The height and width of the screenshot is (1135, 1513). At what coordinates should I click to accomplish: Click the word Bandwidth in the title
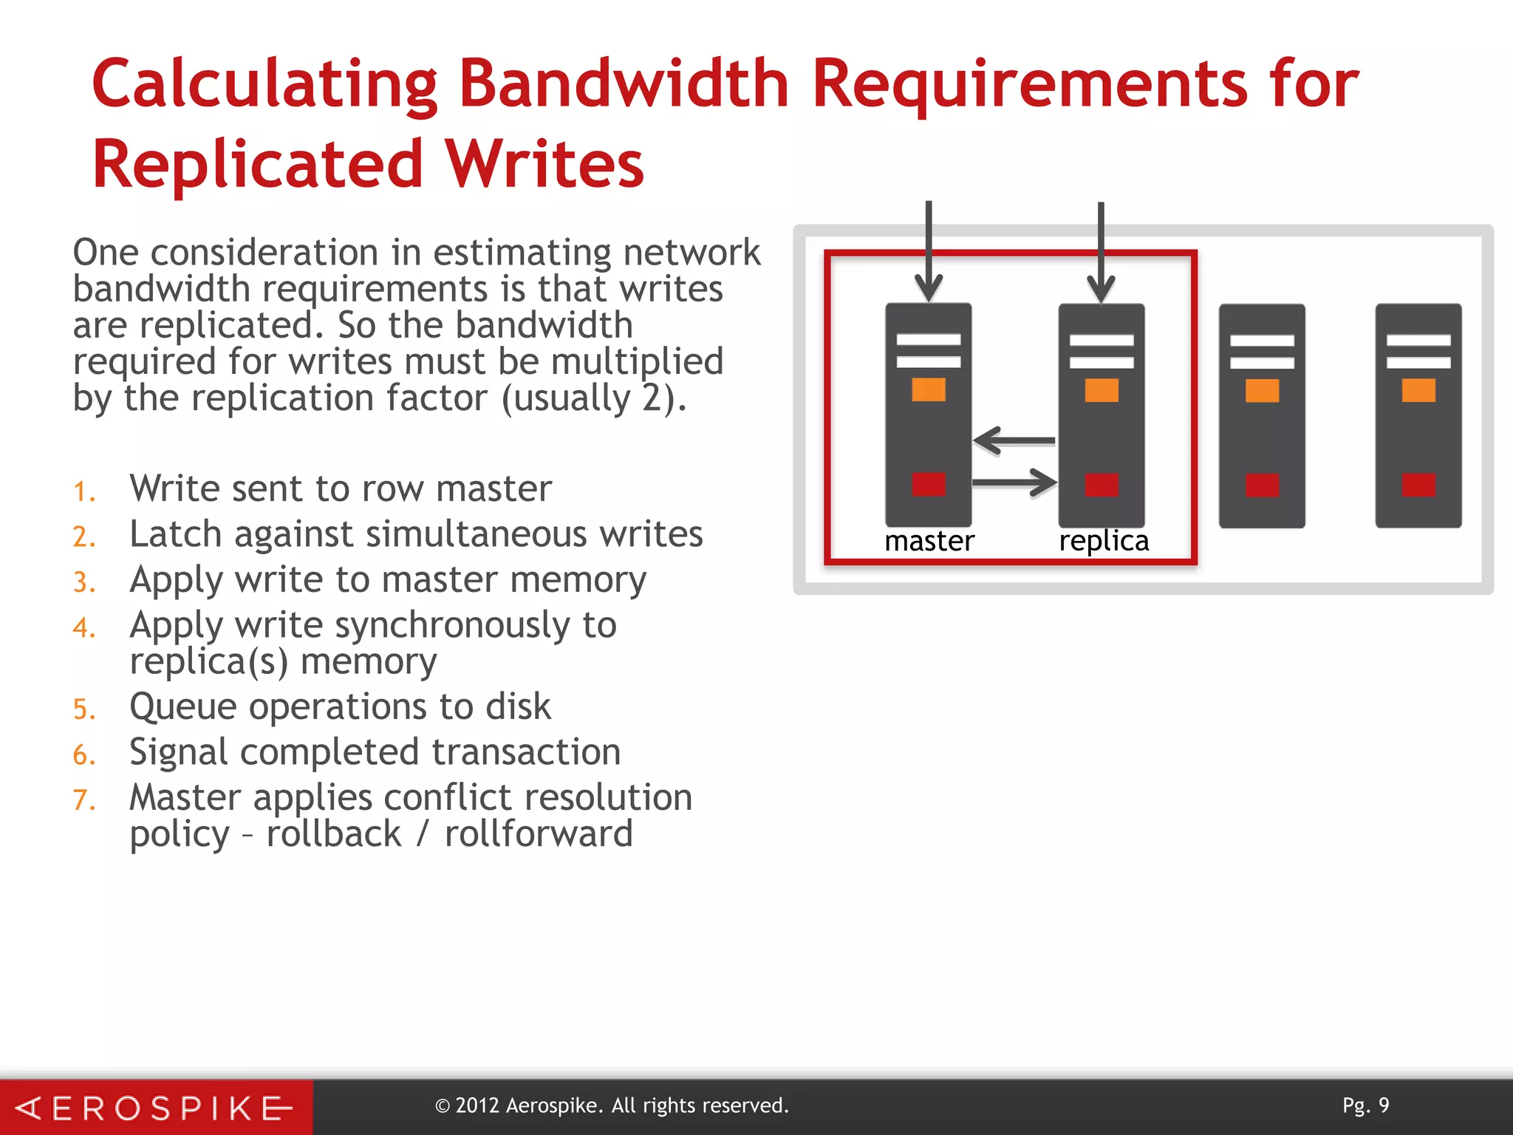tap(624, 84)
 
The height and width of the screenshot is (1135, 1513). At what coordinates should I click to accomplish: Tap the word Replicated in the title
tap(257, 164)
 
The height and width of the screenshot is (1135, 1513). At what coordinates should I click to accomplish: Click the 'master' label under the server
tap(929, 541)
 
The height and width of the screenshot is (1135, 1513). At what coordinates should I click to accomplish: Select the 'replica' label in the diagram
tap(1104, 541)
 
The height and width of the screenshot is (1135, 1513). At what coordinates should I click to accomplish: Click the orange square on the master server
tap(929, 389)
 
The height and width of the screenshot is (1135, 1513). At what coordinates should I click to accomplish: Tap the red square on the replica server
tap(1102, 485)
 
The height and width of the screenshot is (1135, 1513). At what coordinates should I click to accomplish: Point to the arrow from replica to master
tap(1014, 440)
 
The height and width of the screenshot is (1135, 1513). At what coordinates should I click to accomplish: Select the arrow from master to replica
tap(1014, 483)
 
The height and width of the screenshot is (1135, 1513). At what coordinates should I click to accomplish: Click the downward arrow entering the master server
tap(929, 251)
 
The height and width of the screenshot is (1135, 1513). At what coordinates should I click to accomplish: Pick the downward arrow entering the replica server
tap(1101, 251)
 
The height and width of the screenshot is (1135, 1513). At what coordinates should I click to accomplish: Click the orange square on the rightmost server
tap(1418, 390)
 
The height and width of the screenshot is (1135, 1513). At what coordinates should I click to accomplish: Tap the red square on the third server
tap(1262, 485)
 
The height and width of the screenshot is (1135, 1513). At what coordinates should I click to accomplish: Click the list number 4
tap(83, 627)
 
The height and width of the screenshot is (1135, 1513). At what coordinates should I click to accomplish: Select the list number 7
tap(83, 800)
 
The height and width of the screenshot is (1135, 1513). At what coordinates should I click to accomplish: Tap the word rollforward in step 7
tap(539, 834)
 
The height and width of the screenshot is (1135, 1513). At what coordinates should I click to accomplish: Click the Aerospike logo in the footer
tap(155, 1108)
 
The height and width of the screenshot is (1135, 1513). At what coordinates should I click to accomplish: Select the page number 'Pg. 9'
tap(1365, 1105)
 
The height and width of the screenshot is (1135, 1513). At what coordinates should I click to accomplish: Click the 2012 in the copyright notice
tap(477, 1105)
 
